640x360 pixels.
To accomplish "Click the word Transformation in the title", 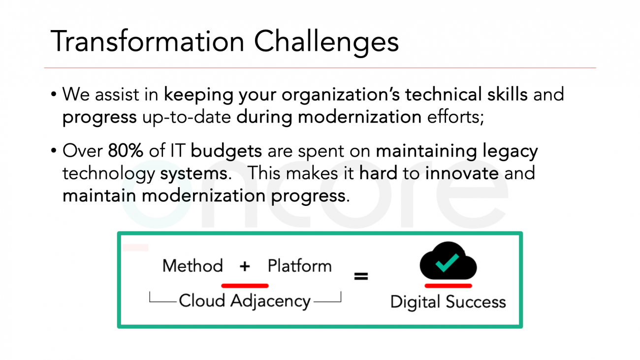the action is tap(147, 41).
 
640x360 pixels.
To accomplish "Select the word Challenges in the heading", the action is tap(326, 43).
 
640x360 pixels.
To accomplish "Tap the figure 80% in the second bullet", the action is tap(126, 151).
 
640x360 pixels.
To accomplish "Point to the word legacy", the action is tap(511, 153).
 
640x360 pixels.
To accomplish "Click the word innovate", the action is tap(462, 173).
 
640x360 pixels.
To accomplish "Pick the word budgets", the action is tap(226, 151).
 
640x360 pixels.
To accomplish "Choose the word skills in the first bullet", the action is tap(508, 94).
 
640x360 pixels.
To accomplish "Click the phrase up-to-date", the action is tap(187, 117).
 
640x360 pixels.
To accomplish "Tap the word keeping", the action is tap(198, 96).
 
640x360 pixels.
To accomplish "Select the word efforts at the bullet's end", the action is tap(455, 117).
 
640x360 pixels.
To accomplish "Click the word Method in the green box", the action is tap(192, 266).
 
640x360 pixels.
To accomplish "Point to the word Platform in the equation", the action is tap(300, 266).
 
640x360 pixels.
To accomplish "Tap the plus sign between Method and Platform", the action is tap(245, 266).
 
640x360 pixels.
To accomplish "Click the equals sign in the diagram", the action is tap(361, 276).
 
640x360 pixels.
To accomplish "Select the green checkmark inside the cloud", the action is tap(447, 262).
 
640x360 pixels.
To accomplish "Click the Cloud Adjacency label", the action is tap(245, 301).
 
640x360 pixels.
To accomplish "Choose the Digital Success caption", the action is tap(448, 302).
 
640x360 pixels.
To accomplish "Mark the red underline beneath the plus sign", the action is tap(245, 286).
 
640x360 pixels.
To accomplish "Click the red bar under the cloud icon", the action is tap(448, 286).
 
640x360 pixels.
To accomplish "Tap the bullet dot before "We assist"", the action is tap(54, 94).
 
